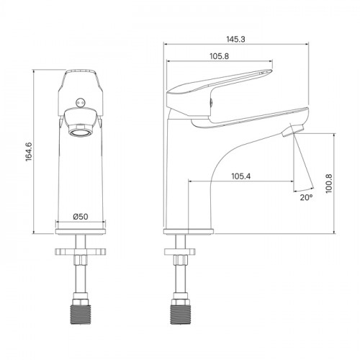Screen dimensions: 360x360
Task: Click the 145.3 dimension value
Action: point(236,39)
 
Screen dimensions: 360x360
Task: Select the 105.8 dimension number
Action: point(220,56)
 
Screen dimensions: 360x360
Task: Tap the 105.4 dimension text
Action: point(240,176)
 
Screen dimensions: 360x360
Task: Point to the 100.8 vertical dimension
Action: point(328,184)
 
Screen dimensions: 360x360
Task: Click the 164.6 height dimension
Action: point(29,151)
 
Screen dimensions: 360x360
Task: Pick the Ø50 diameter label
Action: point(81,217)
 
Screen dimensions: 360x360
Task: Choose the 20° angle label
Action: point(306,197)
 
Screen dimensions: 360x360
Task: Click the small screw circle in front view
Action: point(80,102)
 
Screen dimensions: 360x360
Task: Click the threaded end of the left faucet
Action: point(81,315)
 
